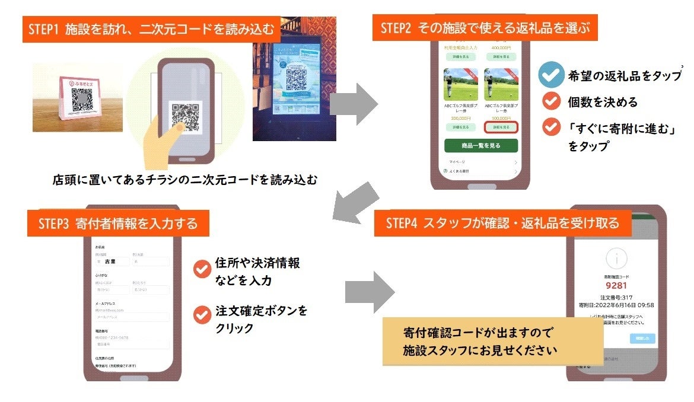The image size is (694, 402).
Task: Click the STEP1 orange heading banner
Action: tap(152, 29)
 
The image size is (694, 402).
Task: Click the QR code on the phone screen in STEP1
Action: tap(184, 118)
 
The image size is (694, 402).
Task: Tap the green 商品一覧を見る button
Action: tap(481, 145)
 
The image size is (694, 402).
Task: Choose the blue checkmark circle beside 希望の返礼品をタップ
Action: tap(551, 76)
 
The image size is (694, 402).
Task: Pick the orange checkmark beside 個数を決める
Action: tap(552, 101)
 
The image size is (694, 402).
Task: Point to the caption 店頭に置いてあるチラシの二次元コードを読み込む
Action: tap(184, 180)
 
